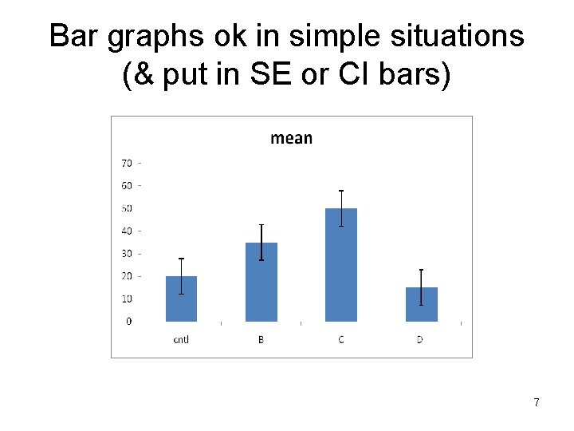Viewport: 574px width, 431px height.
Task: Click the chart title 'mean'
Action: coord(291,138)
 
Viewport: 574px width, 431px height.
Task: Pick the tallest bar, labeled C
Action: coord(341,267)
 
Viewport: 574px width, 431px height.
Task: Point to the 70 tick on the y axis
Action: coord(127,163)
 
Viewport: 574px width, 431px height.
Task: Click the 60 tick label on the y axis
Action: coord(127,186)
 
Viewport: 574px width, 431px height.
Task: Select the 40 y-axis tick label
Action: coord(127,231)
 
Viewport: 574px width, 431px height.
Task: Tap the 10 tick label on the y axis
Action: coord(127,299)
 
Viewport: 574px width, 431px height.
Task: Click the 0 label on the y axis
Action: coord(129,322)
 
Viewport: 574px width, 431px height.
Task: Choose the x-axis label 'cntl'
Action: coord(181,340)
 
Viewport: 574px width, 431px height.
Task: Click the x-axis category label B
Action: coord(261,340)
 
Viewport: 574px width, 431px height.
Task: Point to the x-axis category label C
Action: coord(341,340)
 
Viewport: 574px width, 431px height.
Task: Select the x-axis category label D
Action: coord(420,340)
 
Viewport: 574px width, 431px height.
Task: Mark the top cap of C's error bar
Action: coord(341,191)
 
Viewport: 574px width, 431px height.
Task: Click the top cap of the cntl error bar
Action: coord(181,259)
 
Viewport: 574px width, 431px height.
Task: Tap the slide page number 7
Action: coord(537,402)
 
